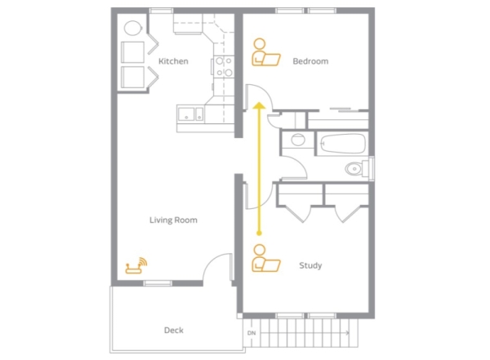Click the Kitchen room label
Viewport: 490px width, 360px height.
click(x=173, y=61)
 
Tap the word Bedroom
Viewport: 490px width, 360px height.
click(x=310, y=61)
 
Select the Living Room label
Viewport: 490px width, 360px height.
click(x=173, y=220)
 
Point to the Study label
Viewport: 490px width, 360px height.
click(x=310, y=265)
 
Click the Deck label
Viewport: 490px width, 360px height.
click(x=174, y=330)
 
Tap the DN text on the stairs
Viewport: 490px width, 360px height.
click(x=252, y=333)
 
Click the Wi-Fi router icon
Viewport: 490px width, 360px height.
click(x=136, y=265)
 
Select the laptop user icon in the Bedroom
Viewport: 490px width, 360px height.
click(x=266, y=52)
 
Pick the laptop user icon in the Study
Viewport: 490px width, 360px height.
click(x=266, y=258)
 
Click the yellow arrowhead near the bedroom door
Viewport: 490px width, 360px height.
click(x=259, y=105)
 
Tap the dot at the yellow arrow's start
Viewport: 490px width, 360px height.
click(x=259, y=233)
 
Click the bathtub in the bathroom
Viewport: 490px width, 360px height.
click(x=343, y=144)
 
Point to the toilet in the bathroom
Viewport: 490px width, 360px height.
click(x=356, y=169)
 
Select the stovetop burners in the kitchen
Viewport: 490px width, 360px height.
click(x=224, y=66)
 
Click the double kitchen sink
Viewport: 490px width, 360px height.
click(x=190, y=113)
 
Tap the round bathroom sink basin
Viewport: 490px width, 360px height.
click(x=298, y=140)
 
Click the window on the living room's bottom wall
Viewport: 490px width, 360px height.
click(x=158, y=283)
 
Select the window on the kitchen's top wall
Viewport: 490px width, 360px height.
click(x=161, y=11)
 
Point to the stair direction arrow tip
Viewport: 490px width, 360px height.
click(x=349, y=333)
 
